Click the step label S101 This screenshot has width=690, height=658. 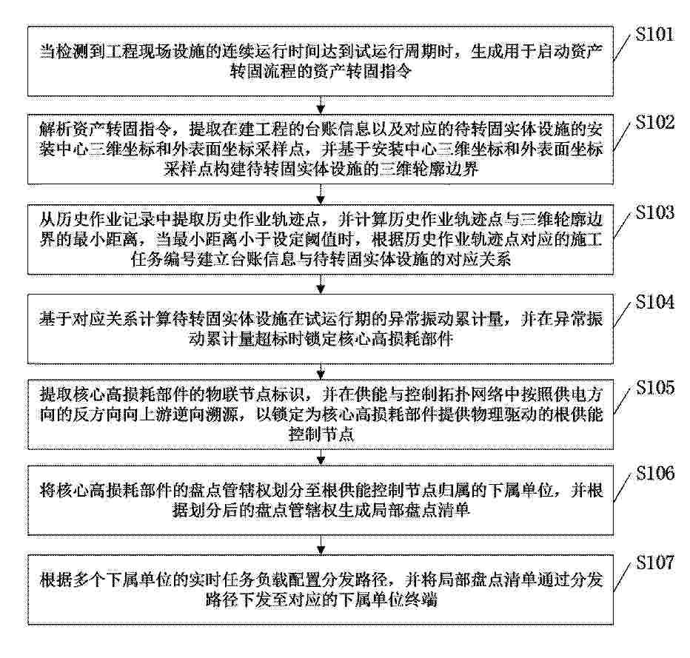pyautogui.click(x=654, y=34)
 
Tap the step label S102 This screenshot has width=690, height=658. pyautogui.click(x=654, y=122)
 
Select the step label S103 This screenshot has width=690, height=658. pyautogui.click(x=654, y=212)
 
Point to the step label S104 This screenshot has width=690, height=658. pyautogui.click(x=654, y=302)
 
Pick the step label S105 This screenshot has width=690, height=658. pyautogui.click(x=654, y=388)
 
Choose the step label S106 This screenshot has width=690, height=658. pyautogui.click(x=654, y=473)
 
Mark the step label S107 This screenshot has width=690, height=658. pyautogui.click(x=654, y=563)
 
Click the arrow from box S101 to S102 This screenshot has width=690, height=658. pyautogui.click(x=321, y=104)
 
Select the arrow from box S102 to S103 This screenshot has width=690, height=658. pyautogui.click(x=321, y=194)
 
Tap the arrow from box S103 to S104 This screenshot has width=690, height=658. pyautogui.click(x=321, y=284)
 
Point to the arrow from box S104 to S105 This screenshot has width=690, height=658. pyautogui.click(x=321, y=372)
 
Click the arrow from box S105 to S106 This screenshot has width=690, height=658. pyautogui.click(x=321, y=457)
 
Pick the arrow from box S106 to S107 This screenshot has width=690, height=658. pyautogui.click(x=321, y=545)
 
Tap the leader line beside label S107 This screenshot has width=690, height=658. pyautogui.click(x=623, y=576)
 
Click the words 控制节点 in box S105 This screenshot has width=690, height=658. pyautogui.click(x=321, y=434)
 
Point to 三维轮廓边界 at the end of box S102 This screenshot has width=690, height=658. pyautogui.click(x=429, y=169)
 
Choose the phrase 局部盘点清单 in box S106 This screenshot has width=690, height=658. pyautogui.click(x=421, y=510)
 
